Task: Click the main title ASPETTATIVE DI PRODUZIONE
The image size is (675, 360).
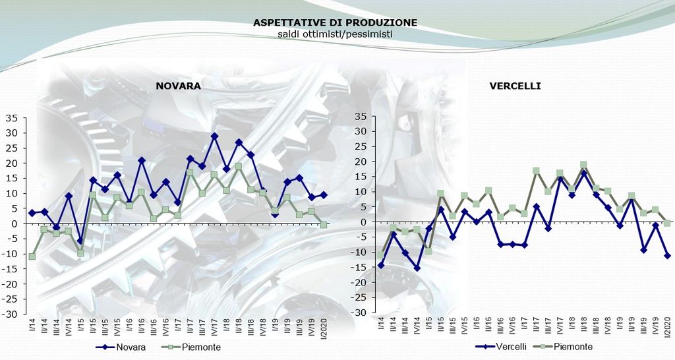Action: (x=335, y=22)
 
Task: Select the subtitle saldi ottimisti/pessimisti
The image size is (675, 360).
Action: (x=335, y=33)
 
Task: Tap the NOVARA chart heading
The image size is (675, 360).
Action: (x=178, y=86)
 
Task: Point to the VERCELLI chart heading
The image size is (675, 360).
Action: (x=515, y=86)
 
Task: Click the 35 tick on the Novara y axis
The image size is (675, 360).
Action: (x=12, y=118)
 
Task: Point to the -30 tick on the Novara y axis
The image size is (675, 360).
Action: (x=9, y=315)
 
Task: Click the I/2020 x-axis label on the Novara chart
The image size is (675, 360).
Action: (x=324, y=328)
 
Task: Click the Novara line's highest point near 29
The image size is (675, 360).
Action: (x=214, y=136)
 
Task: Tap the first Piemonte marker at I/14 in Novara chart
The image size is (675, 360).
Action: (x=32, y=256)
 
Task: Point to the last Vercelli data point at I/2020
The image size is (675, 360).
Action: (x=667, y=256)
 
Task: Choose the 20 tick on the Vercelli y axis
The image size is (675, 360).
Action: (x=359, y=162)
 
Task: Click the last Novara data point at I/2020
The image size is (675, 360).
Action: (x=324, y=195)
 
